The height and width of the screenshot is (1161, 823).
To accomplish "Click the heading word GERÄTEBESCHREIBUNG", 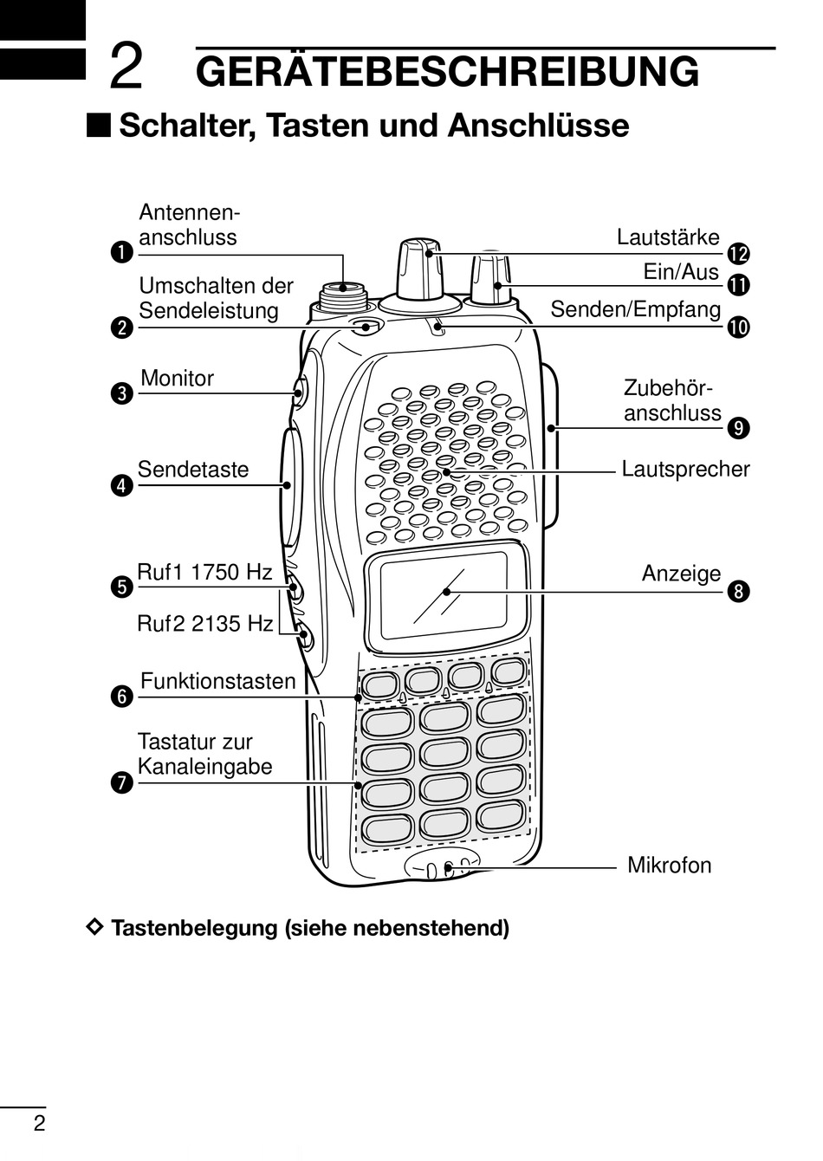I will [447, 71].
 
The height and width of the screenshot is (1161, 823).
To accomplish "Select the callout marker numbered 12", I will [738, 254].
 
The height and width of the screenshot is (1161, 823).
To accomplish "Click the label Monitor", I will [177, 379].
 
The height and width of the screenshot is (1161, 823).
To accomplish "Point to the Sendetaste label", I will [193, 470].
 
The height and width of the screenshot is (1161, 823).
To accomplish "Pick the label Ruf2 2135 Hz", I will [205, 623].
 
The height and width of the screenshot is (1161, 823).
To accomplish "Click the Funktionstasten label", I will [217, 681].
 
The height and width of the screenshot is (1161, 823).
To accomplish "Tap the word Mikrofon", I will [669, 865].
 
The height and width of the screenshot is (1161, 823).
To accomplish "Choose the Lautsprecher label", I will [685, 470].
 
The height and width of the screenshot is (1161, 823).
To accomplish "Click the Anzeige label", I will [681, 574].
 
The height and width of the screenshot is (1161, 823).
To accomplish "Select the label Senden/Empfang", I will [636, 309].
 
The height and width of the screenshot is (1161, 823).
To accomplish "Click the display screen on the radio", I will [444, 592].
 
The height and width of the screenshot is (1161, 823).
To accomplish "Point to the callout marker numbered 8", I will [738, 592].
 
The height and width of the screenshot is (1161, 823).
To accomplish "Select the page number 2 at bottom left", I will [39, 1125].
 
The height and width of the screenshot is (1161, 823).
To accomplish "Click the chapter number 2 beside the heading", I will [126, 68].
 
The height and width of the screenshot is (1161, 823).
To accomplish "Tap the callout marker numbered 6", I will [122, 696].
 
